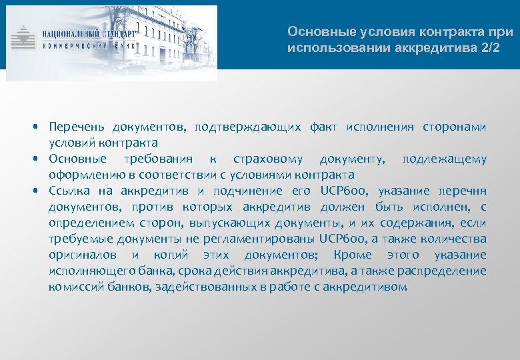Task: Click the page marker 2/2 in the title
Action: (487, 49)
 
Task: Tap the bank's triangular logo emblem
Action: (25, 37)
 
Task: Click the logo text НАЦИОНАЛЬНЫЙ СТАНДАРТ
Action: (88, 33)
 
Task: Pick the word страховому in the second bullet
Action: (268, 159)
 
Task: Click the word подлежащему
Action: (444, 159)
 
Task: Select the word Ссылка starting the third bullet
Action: (69, 191)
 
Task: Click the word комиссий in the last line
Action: (73, 287)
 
